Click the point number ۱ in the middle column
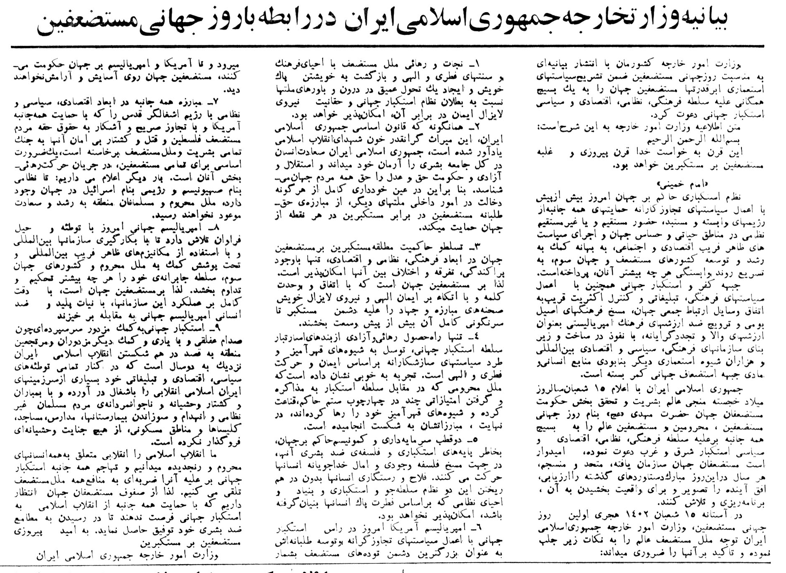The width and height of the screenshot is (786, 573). [x=476, y=65]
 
